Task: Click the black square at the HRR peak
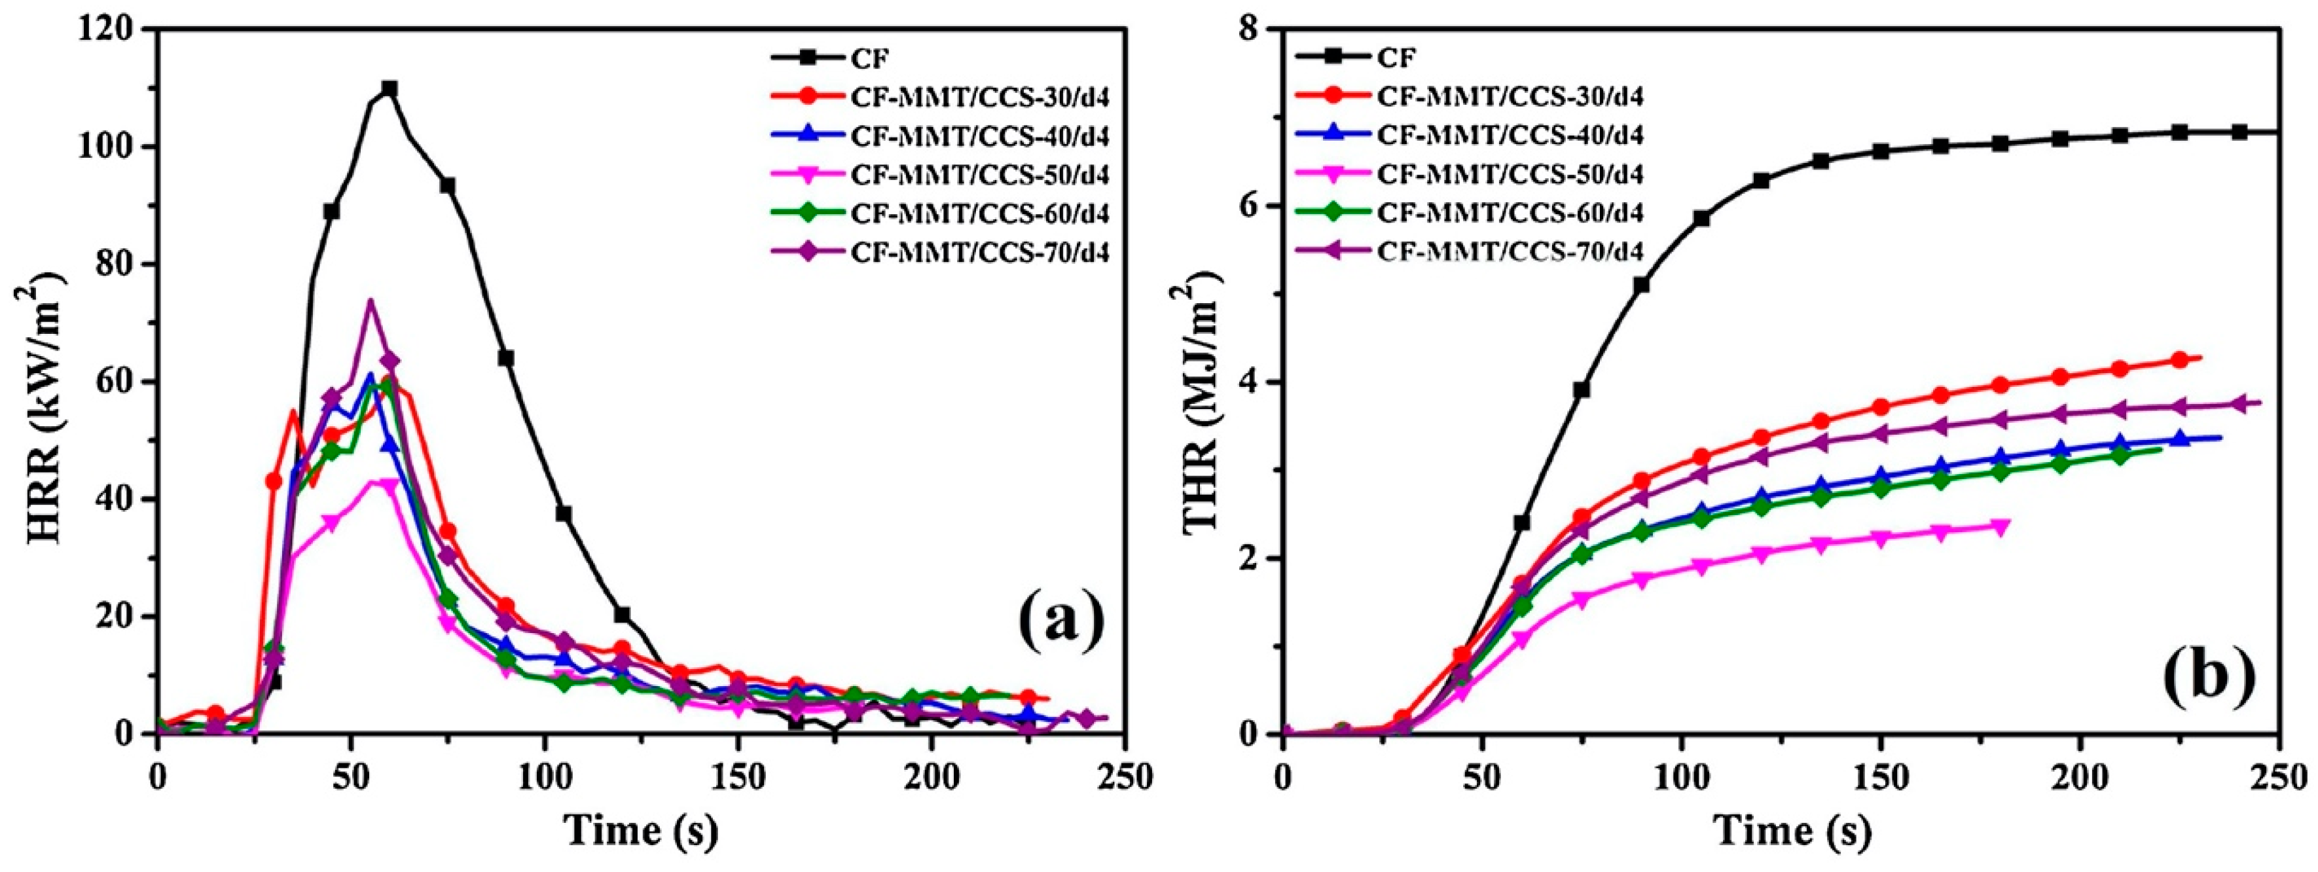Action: click(x=389, y=88)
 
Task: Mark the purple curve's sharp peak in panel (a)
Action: click(x=369, y=301)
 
